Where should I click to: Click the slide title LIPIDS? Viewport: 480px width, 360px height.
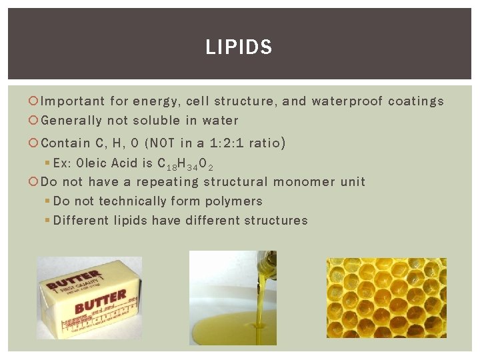click(239, 47)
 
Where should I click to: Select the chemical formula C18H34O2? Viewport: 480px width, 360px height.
click(185, 164)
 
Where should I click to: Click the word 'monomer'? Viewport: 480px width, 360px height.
click(303, 182)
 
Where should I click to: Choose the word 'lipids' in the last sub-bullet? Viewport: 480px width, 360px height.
click(129, 221)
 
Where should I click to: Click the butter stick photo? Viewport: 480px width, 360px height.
click(89, 297)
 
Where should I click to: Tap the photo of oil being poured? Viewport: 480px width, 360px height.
click(233, 296)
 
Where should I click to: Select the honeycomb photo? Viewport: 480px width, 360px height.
click(387, 297)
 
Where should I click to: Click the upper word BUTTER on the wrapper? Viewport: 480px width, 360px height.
click(73, 281)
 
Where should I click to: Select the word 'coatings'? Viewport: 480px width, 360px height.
click(416, 102)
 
